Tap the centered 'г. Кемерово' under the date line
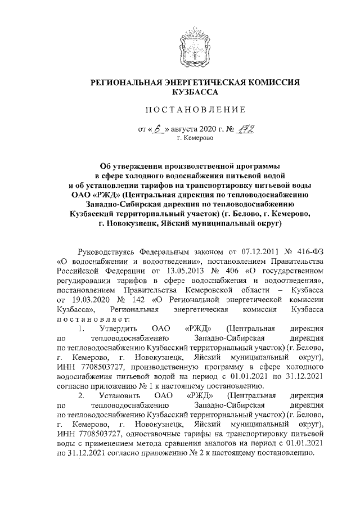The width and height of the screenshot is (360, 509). (195, 138)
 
